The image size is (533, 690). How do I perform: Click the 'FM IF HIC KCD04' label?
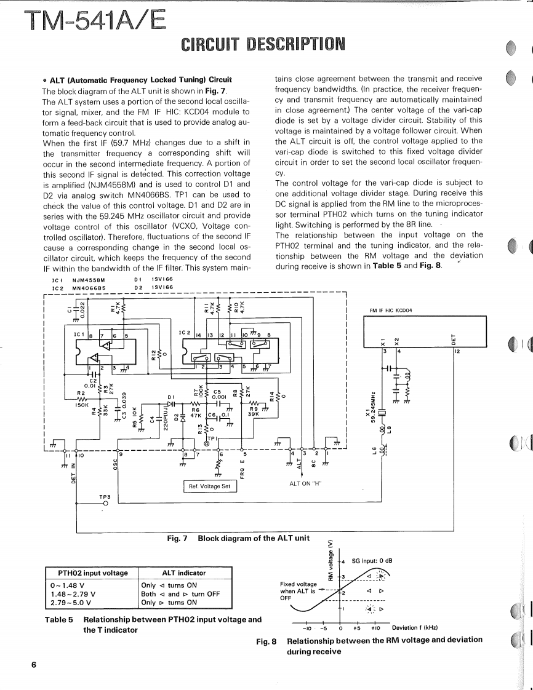[391, 310]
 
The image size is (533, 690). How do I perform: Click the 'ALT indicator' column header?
[183, 573]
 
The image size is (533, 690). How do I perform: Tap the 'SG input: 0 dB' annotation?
[372, 561]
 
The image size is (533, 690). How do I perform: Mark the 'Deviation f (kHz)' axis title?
[415, 628]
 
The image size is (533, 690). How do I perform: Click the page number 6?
[34, 665]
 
